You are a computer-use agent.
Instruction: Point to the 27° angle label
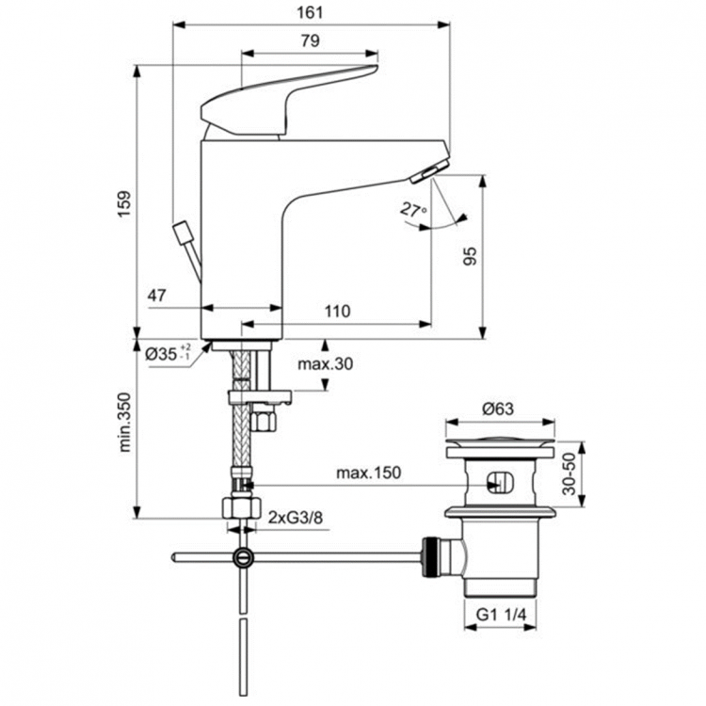pyautogui.click(x=412, y=211)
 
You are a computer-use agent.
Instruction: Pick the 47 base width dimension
pyautogui.click(x=157, y=296)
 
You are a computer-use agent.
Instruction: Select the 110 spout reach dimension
pyautogui.click(x=337, y=311)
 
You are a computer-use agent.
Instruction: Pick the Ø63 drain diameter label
pyautogui.click(x=498, y=409)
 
